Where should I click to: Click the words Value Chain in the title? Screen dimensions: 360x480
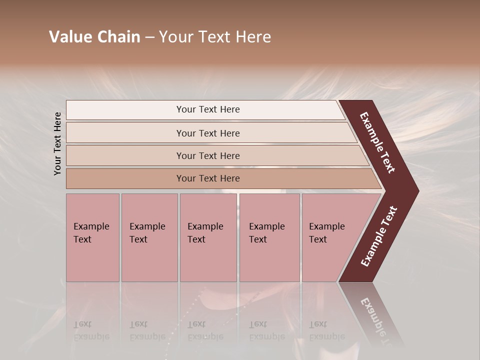coord(94,37)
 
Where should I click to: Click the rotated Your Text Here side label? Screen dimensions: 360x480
coord(57,143)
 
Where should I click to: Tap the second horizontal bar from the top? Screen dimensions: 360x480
coord(210,133)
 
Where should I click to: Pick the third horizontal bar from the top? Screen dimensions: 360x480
coord(215,155)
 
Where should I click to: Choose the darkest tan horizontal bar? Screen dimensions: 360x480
coord(220,178)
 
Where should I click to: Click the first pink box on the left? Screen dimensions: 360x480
coord(92,237)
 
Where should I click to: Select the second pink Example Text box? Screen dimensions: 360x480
coord(149,237)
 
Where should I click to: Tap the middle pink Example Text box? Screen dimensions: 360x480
coord(208,237)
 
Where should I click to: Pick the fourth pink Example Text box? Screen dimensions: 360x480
coord(269,237)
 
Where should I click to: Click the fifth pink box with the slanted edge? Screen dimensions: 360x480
coord(332,237)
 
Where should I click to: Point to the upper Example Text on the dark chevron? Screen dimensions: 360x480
coord(378,142)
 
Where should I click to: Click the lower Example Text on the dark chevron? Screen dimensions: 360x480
coord(379,236)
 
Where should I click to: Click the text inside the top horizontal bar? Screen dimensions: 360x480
coord(208,109)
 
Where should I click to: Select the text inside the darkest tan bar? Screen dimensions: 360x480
coord(208,178)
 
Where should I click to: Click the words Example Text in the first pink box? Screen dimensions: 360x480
coord(91,233)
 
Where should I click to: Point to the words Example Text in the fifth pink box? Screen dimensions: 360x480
coord(326,233)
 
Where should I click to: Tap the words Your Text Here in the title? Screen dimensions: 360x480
coord(215,37)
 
